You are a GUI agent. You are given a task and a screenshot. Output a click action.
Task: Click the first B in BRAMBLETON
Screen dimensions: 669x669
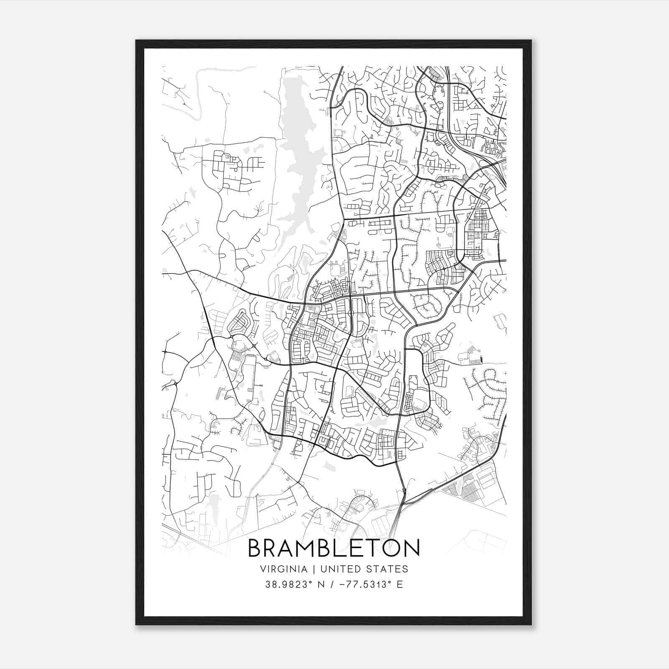(x=255, y=548)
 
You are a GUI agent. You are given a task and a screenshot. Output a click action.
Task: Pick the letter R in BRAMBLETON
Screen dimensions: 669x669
(x=272, y=548)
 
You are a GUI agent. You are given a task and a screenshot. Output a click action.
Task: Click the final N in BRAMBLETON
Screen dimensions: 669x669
(x=412, y=548)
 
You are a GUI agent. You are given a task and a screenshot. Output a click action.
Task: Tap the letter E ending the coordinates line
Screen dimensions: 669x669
(x=400, y=585)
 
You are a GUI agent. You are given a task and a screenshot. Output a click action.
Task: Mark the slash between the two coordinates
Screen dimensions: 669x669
(x=332, y=585)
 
